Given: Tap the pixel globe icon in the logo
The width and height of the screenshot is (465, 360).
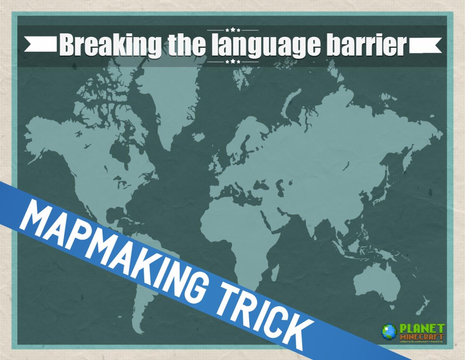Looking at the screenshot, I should tap(389, 331).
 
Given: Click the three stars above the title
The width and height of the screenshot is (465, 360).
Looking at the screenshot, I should tap(233, 30).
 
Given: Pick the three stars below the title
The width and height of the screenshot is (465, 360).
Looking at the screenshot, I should tap(233, 61).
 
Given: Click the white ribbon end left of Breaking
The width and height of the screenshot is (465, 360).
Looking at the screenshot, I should tap(41, 44).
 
